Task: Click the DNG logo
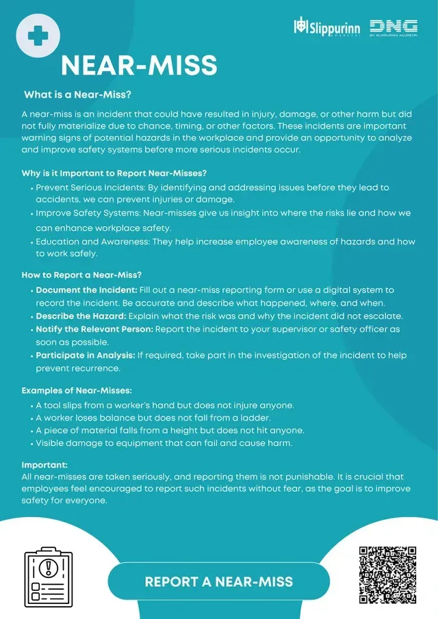coord(394,27)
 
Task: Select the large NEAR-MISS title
coord(139,66)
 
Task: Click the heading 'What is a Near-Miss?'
coord(78,94)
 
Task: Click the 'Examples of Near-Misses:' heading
coord(77,391)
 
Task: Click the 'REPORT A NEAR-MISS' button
coord(218,582)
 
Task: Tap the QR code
coord(387,575)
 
